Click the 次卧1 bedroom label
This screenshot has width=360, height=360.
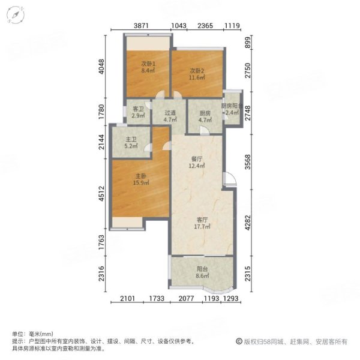click(x=148, y=64)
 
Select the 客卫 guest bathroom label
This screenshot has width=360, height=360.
click(x=138, y=109)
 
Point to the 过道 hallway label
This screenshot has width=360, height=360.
click(x=171, y=112)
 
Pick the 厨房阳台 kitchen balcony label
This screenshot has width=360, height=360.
click(x=232, y=106)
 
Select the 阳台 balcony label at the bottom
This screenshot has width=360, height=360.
click(x=202, y=269)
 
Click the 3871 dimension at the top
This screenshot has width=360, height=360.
click(x=140, y=25)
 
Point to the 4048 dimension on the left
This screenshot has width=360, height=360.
click(x=103, y=64)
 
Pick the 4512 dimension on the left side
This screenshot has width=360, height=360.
click(x=103, y=194)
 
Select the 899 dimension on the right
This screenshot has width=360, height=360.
click(x=247, y=43)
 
